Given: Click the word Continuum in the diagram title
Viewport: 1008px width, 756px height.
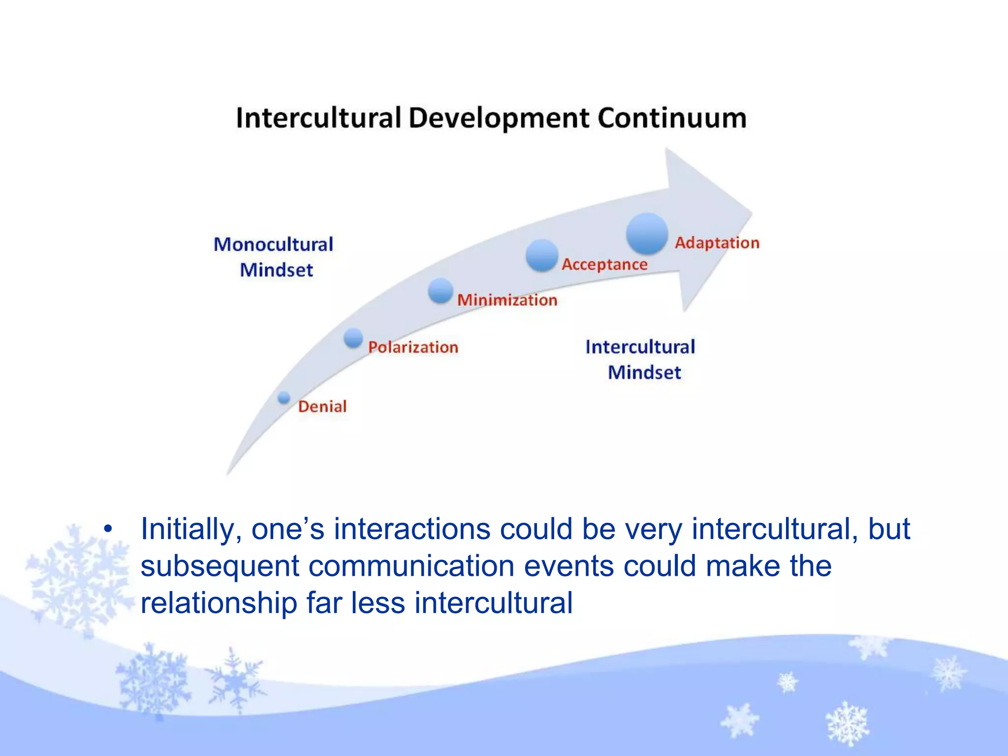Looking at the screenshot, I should tap(672, 118).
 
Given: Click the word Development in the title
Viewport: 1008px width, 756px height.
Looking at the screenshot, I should tap(499, 119).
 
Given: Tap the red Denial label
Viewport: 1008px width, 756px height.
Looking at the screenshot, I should tap(322, 407).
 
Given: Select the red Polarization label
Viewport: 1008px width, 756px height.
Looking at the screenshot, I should tap(413, 347).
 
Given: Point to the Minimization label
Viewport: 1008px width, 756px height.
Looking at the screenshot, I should tap(507, 300).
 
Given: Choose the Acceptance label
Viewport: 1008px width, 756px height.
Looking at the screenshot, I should tap(604, 264).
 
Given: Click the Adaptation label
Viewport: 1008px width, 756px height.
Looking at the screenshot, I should tap(717, 243).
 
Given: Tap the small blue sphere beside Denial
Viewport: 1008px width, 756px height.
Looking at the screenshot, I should tap(284, 398).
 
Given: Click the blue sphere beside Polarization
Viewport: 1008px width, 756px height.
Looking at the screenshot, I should tap(353, 338).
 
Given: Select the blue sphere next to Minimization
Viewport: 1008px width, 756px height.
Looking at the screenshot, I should tap(440, 290).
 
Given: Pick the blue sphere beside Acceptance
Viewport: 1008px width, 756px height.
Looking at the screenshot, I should tap(541, 255).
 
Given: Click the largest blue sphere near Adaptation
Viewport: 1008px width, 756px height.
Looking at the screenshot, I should tap(647, 234).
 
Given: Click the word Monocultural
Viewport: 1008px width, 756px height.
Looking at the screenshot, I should tap(273, 245).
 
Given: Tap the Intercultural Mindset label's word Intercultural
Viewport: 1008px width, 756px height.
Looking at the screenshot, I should tap(640, 347).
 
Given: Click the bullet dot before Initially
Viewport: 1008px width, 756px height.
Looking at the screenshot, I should tap(108, 530).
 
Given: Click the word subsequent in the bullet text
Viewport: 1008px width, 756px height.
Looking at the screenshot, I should tap(220, 567).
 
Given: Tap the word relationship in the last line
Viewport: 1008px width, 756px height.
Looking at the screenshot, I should tap(219, 603).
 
